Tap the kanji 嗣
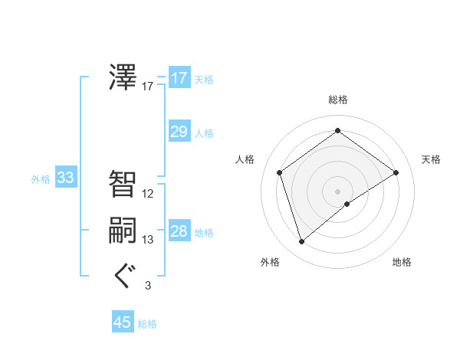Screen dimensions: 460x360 tap(123, 231)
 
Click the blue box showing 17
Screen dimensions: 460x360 tap(179, 78)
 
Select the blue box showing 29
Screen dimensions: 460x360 tap(179, 132)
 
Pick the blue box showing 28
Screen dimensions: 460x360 tap(179, 231)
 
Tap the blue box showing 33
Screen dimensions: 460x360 tap(65, 178)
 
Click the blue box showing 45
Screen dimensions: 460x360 tap(123, 322)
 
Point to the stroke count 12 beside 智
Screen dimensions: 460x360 tap(148, 194)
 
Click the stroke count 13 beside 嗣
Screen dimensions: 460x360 tap(148, 240)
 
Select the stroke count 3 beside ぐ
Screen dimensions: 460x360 tap(148, 286)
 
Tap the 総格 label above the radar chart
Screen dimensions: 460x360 tap(338, 100)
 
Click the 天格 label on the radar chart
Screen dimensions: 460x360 tap(431, 159)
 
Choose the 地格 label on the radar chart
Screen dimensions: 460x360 tap(402, 262)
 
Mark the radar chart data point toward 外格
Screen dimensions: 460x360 tap(302, 242)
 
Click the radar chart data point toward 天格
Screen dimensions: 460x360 tap(396, 172)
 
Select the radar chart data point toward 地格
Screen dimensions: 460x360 tap(347, 204)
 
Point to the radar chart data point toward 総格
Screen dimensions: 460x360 tap(337, 131)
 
